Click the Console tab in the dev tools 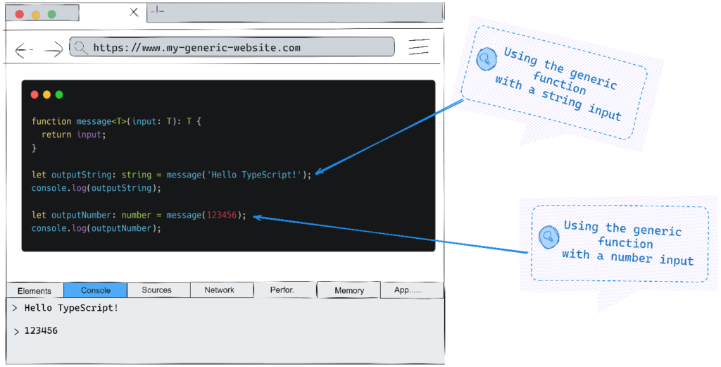(96, 290)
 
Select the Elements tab (35, 290)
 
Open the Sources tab (157, 290)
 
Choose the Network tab (220, 290)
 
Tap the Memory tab (349, 290)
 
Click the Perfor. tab (282, 290)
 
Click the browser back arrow (24, 49)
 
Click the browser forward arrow (54, 49)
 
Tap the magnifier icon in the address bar (81, 48)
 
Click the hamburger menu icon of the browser (419, 47)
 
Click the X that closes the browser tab (134, 12)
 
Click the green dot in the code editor (59, 94)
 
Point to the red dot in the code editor (35, 94)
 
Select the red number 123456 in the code (221, 215)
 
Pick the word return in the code (56, 135)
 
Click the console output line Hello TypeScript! (71, 309)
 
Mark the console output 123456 (41, 330)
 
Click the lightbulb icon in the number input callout (546, 237)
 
